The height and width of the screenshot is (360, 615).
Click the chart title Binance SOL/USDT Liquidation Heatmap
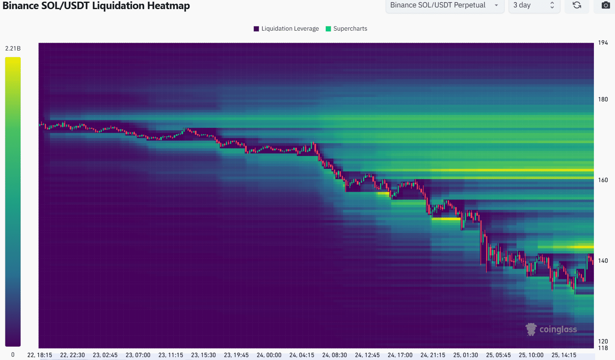coord(96,6)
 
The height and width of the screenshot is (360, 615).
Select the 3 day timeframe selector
coord(533,5)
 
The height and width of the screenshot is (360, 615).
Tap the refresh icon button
coord(577,5)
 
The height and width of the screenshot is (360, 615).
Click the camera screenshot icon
coord(605,5)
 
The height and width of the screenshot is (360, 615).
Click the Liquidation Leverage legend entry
coord(286,29)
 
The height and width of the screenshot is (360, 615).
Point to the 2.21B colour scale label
coord(13,48)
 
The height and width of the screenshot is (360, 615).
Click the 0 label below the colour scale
coord(13,355)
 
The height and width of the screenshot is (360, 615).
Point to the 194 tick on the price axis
coord(603,43)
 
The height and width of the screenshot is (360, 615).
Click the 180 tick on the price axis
coord(603,99)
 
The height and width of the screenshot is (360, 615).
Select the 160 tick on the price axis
coord(603,180)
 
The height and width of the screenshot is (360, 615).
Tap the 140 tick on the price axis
coord(603,261)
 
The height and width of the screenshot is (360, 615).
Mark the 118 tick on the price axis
coord(603,348)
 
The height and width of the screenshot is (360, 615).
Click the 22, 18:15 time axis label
coord(40,355)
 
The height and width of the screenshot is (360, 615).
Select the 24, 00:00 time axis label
coord(269,355)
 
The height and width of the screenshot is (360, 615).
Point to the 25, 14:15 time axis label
coord(564,355)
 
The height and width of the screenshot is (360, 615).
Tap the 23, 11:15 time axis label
coord(171,355)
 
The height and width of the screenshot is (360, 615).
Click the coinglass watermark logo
coord(551,329)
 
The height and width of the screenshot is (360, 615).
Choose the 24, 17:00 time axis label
coord(400,355)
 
